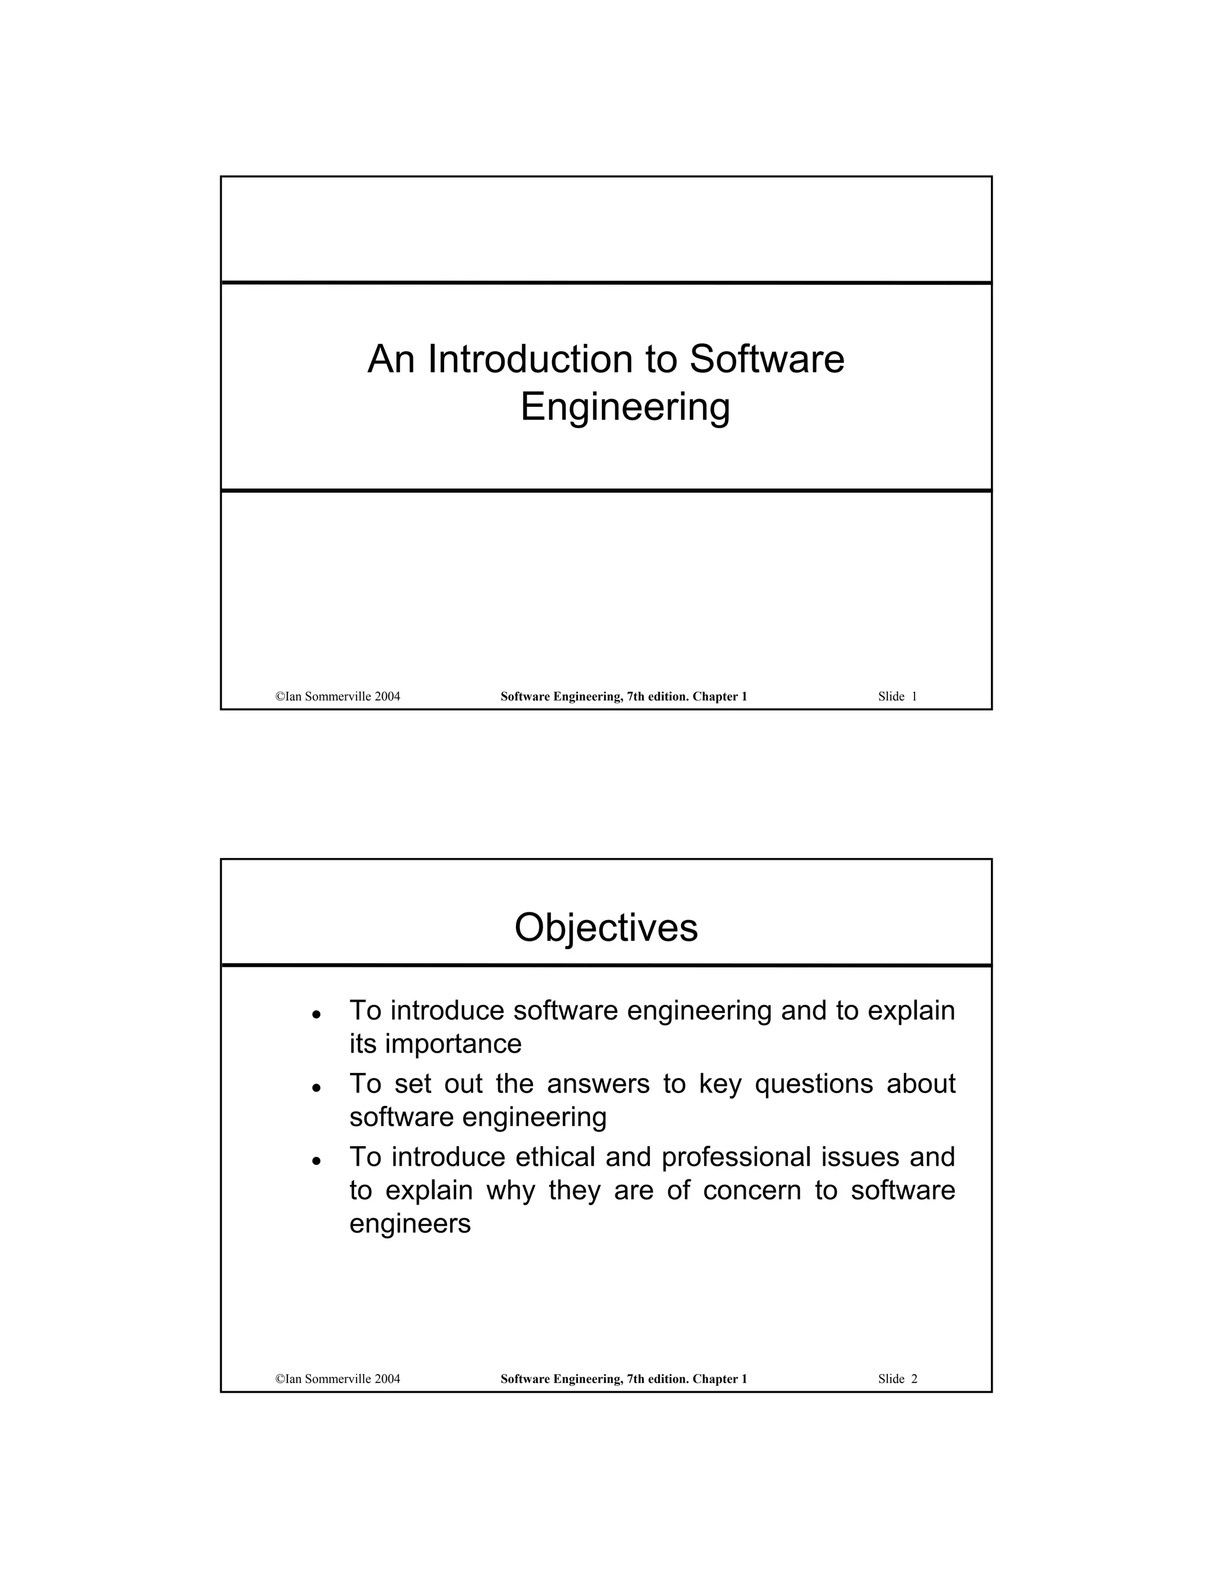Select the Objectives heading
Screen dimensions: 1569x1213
tap(606, 927)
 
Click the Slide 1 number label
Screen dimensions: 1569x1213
tap(897, 696)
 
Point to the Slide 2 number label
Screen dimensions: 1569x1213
tap(897, 1378)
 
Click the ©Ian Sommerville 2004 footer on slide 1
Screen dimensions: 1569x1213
tap(338, 696)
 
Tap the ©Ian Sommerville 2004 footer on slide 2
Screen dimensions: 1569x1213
tap(338, 1378)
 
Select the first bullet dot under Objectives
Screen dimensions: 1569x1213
tap(316, 1015)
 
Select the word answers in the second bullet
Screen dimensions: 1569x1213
tap(598, 1083)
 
